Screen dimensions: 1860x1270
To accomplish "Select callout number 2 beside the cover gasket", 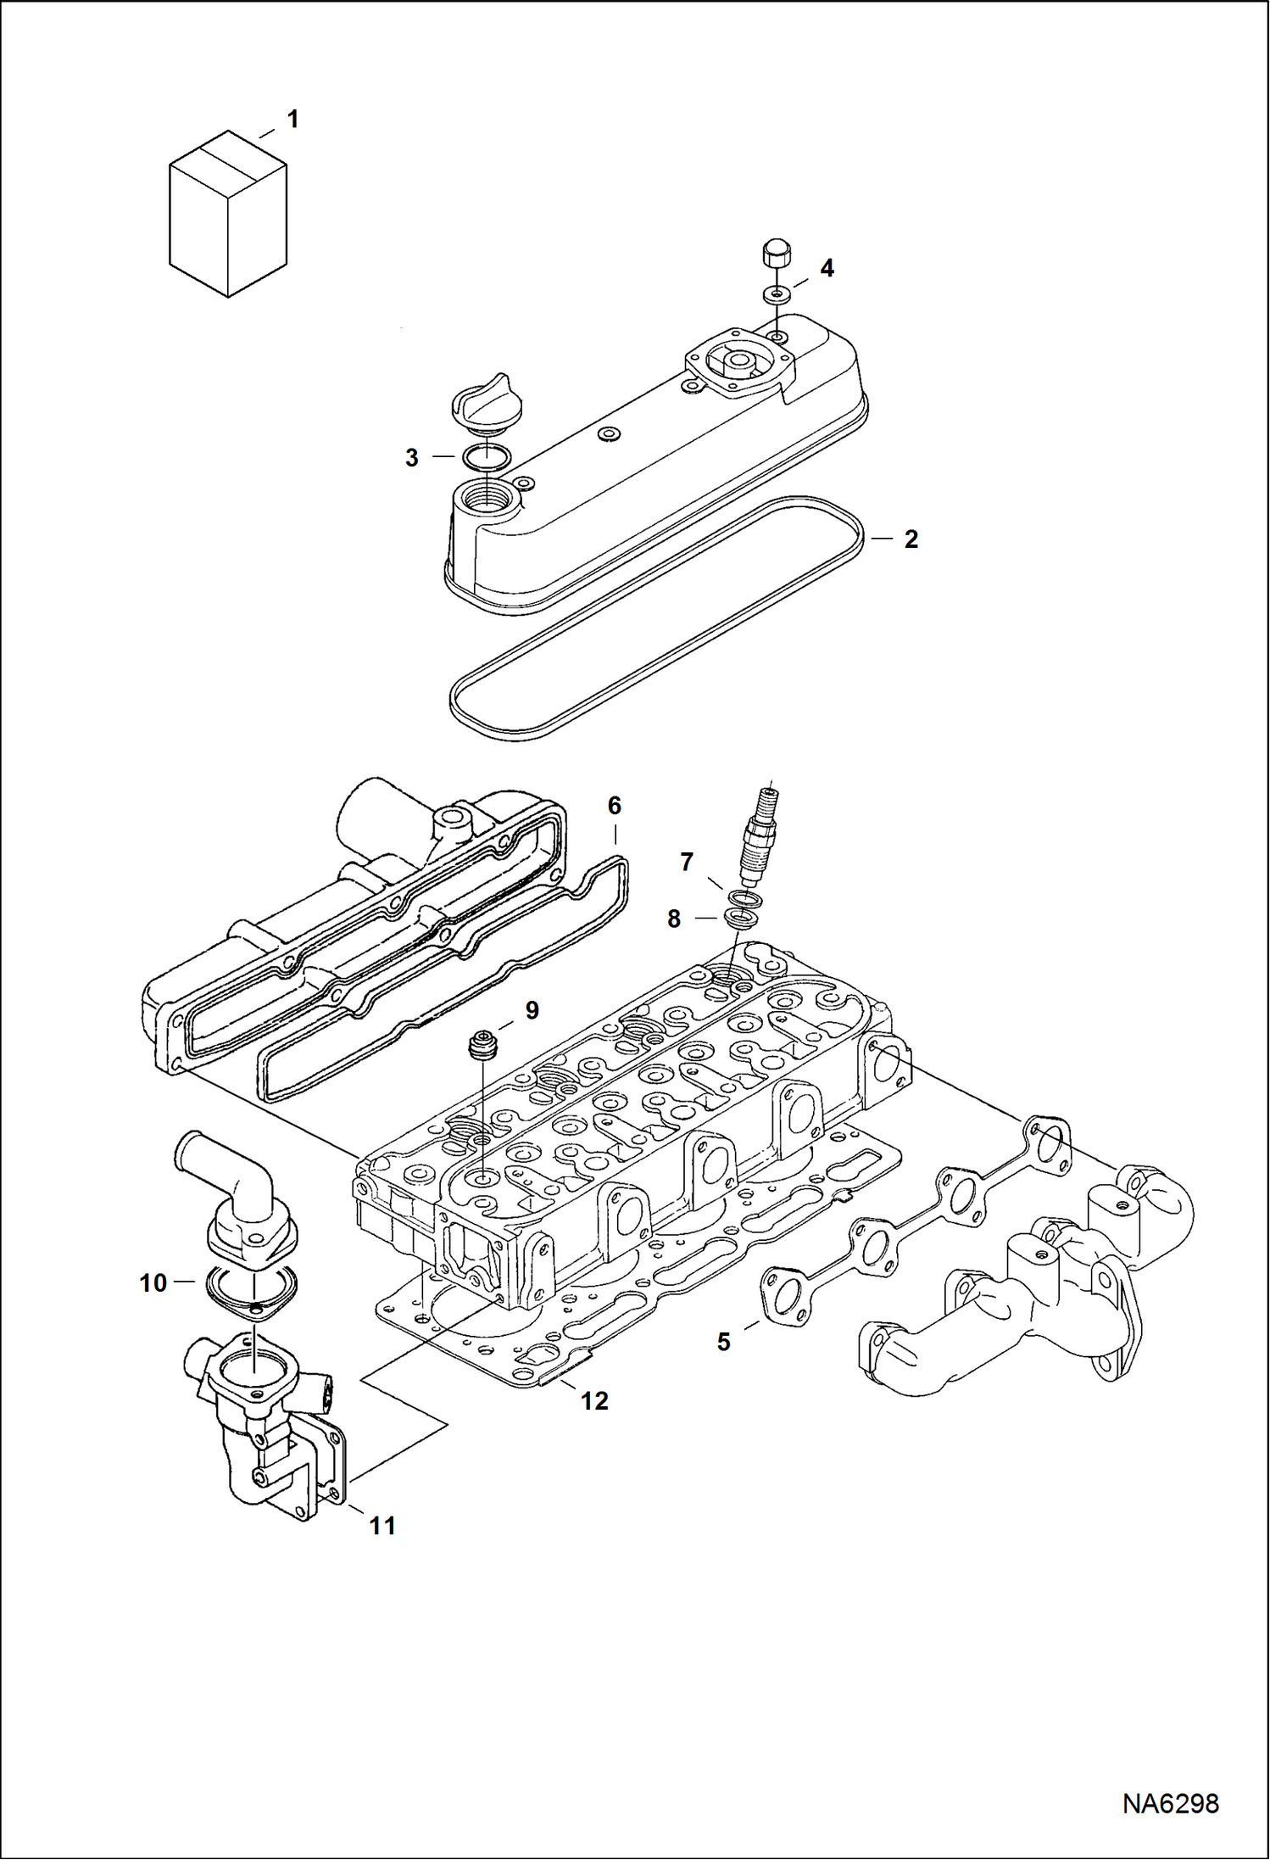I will pyautogui.click(x=911, y=539).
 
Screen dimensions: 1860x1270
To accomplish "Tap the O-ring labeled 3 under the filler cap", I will pyautogui.click(x=487, y=458).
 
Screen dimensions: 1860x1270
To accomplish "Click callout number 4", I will pyautogui.click(x=827, y=269).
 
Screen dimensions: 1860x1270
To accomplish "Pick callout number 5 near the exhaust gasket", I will pyautogui.click(x=723, y=1342).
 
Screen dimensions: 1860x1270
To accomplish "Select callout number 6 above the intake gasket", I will pyautogui.click(x=615, y=806).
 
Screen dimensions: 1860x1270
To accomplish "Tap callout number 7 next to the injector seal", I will pyautogui.click(x=687, y=863).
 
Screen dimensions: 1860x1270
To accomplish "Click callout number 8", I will pyautogui.click(x=674, y=919).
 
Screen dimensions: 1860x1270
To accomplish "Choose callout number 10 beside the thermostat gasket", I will pyautogui.click(x=153, y=1283).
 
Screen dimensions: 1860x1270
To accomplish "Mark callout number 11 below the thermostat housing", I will pyautogui.click(x=382, y=1526).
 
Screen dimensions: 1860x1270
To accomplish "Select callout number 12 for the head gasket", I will pyautogui.click(x=594, y=1401).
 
